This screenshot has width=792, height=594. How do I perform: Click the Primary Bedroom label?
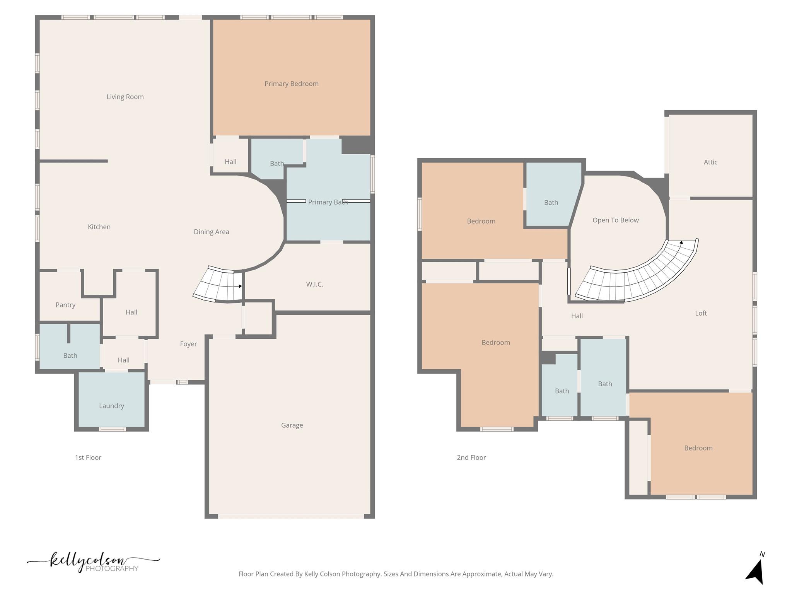point(291,84)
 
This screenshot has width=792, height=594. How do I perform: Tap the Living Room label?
point(125,97)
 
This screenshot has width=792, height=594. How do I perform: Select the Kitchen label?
point(99,227)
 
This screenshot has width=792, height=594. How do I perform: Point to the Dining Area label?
point(211,232)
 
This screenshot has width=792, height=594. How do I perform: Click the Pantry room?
point(65,305)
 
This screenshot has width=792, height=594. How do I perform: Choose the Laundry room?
point(111,406)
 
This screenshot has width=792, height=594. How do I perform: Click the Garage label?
point(292,425)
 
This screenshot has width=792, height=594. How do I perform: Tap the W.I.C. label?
point(314,284)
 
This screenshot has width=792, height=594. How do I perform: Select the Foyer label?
point(188,344)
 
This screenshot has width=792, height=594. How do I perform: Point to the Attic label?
point(710,162)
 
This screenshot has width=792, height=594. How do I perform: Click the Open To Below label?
point(615,220)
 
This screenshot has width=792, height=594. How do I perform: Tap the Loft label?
point(701,313)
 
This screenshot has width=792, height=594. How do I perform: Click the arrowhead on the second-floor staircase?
point(681,242)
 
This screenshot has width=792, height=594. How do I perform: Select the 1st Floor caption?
point(88,457)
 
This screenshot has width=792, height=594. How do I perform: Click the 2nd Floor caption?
point(471,457)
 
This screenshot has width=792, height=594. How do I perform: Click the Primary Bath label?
point(328,202)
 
